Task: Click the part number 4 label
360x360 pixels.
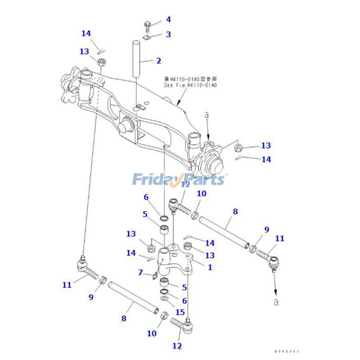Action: click(156, 19)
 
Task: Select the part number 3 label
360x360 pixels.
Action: click(156, 34)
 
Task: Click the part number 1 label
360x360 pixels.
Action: click(210, 267)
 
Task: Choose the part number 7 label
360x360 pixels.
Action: click(141, 272)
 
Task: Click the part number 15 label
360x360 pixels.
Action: click(180, 311)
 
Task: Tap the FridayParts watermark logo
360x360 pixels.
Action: click(179, 179)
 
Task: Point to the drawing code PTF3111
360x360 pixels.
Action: click(287, 351)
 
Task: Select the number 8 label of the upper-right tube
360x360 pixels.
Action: click(235, 211)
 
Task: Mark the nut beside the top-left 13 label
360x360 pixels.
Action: click(100, 61)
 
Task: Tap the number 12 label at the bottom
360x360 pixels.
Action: click(177, 346)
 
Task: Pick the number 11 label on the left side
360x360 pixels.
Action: click(67, 284)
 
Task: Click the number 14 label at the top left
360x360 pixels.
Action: click(86, 33)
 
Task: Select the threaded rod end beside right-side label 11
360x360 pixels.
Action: click(266, 256)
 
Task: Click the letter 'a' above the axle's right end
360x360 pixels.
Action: click(207, 115)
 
